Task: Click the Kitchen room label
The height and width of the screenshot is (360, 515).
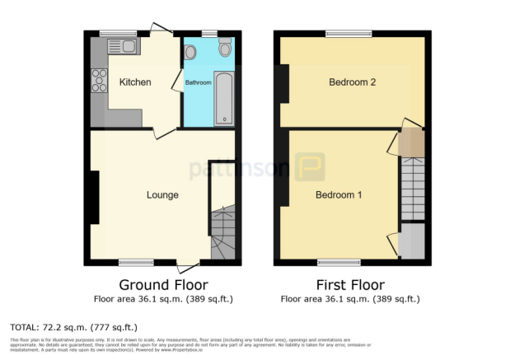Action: pyautogui.click(x=135, y=82)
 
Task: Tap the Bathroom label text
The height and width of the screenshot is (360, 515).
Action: pyautogui.click(x=198, y=83)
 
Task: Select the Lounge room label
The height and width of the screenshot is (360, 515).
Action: pyautogui.click(x=162, y=194)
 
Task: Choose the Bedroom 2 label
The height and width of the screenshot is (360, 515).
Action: pyautogui.click(x=352, y=82)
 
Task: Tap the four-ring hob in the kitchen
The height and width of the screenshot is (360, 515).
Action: pyautogui.click(x=100, y=80)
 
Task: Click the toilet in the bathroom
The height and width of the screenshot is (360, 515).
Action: pyautogui.click(x=225, y=50)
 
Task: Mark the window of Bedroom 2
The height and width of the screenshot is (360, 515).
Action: pyautogui.click(x=348, y=34)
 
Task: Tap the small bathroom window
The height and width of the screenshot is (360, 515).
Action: pyautogui.click(x=209, y=34)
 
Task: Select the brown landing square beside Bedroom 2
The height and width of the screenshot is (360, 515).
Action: pyautogui.click(x=410, y=143)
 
